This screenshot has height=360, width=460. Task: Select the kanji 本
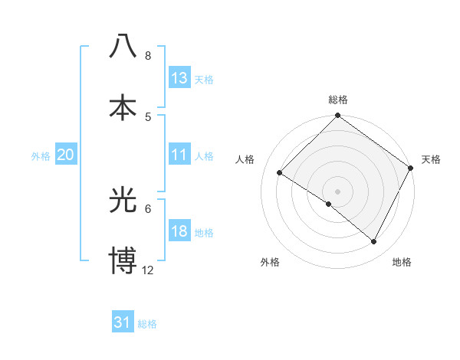coord(123,107)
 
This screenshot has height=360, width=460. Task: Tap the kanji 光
coord(123,201)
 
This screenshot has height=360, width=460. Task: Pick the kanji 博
coord(123,261)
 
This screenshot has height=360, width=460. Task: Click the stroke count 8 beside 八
coord(148,56)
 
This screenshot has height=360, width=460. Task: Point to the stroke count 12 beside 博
coord(148,270)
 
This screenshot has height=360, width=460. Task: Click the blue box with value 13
coord(179,78)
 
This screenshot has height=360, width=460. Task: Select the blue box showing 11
coord(179,155)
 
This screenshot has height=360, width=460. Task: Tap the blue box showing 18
coord(179,231)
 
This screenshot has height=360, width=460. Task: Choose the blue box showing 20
coord(65,155)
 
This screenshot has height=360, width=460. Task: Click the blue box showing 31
coord(123,322)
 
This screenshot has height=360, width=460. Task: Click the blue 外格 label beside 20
coord(41,155)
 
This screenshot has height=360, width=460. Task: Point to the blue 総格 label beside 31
coord(147,324)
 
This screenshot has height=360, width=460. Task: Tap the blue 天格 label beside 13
coord(204,79)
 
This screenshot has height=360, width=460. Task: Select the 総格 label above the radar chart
coord(338,100)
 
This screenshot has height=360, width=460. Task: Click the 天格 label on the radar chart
coord(431,159)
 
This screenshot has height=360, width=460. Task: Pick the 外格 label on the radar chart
coord(270,262)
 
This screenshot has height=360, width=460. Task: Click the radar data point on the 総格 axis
coord(337,117)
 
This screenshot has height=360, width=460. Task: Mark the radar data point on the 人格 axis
coord(280,173)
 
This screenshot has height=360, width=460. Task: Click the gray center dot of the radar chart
coord(337,191)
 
